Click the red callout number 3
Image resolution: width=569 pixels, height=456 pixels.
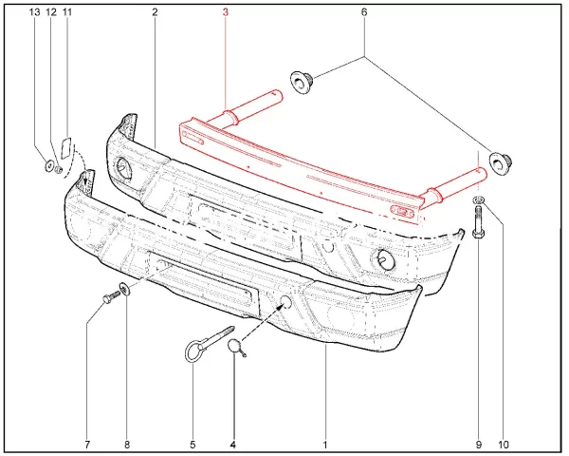tap(226, 12)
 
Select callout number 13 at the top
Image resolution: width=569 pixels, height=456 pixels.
tap(34, 12)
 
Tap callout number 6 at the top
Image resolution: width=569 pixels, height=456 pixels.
tap(364, 12)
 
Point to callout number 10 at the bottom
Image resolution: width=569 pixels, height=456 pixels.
tap(504, 445)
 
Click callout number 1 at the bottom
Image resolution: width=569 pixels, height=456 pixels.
tap(325, 445)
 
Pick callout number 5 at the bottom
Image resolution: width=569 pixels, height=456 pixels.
tap(193, 445)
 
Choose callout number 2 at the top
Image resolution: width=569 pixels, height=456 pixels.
tap(155, 12)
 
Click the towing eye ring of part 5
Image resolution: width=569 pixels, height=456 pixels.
tap(192, 351)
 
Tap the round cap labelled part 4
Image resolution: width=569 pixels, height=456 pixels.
tap(234, 346)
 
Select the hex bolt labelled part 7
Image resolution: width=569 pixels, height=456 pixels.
tap(111, 296)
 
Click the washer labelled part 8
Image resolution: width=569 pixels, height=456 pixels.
tap(124, 290)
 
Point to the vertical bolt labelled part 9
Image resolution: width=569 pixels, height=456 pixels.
tap(478, 222)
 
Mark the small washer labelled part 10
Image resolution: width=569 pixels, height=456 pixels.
tap(479, 199)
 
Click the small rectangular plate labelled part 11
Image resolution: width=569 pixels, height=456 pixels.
tap(66, 147)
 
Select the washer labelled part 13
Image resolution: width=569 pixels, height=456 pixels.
tap(48, 166)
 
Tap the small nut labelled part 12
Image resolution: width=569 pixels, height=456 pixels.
tap(59, 169)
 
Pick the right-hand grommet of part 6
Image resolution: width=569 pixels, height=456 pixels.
tap(500, 161)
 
